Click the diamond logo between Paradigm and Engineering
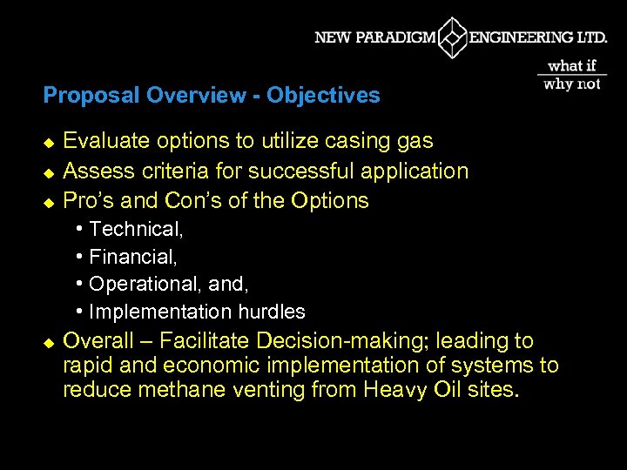point(453,37)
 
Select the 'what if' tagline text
point(572,66)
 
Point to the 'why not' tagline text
point(572,84)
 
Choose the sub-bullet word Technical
point(135,230)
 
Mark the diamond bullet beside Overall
point(49,341)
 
